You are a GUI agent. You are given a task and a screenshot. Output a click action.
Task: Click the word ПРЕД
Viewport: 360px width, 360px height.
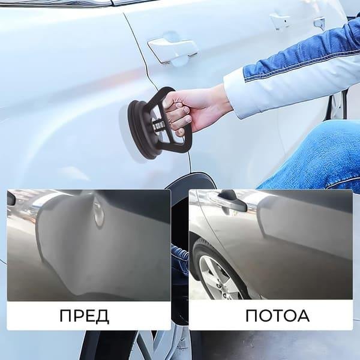point(84,315)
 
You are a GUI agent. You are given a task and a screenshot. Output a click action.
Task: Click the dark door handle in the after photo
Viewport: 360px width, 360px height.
point(231,201)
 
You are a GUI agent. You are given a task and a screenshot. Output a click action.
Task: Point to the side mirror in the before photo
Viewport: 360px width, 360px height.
point(11,199)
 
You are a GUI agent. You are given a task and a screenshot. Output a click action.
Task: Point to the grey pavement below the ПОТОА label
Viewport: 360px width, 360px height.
point(270,345)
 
